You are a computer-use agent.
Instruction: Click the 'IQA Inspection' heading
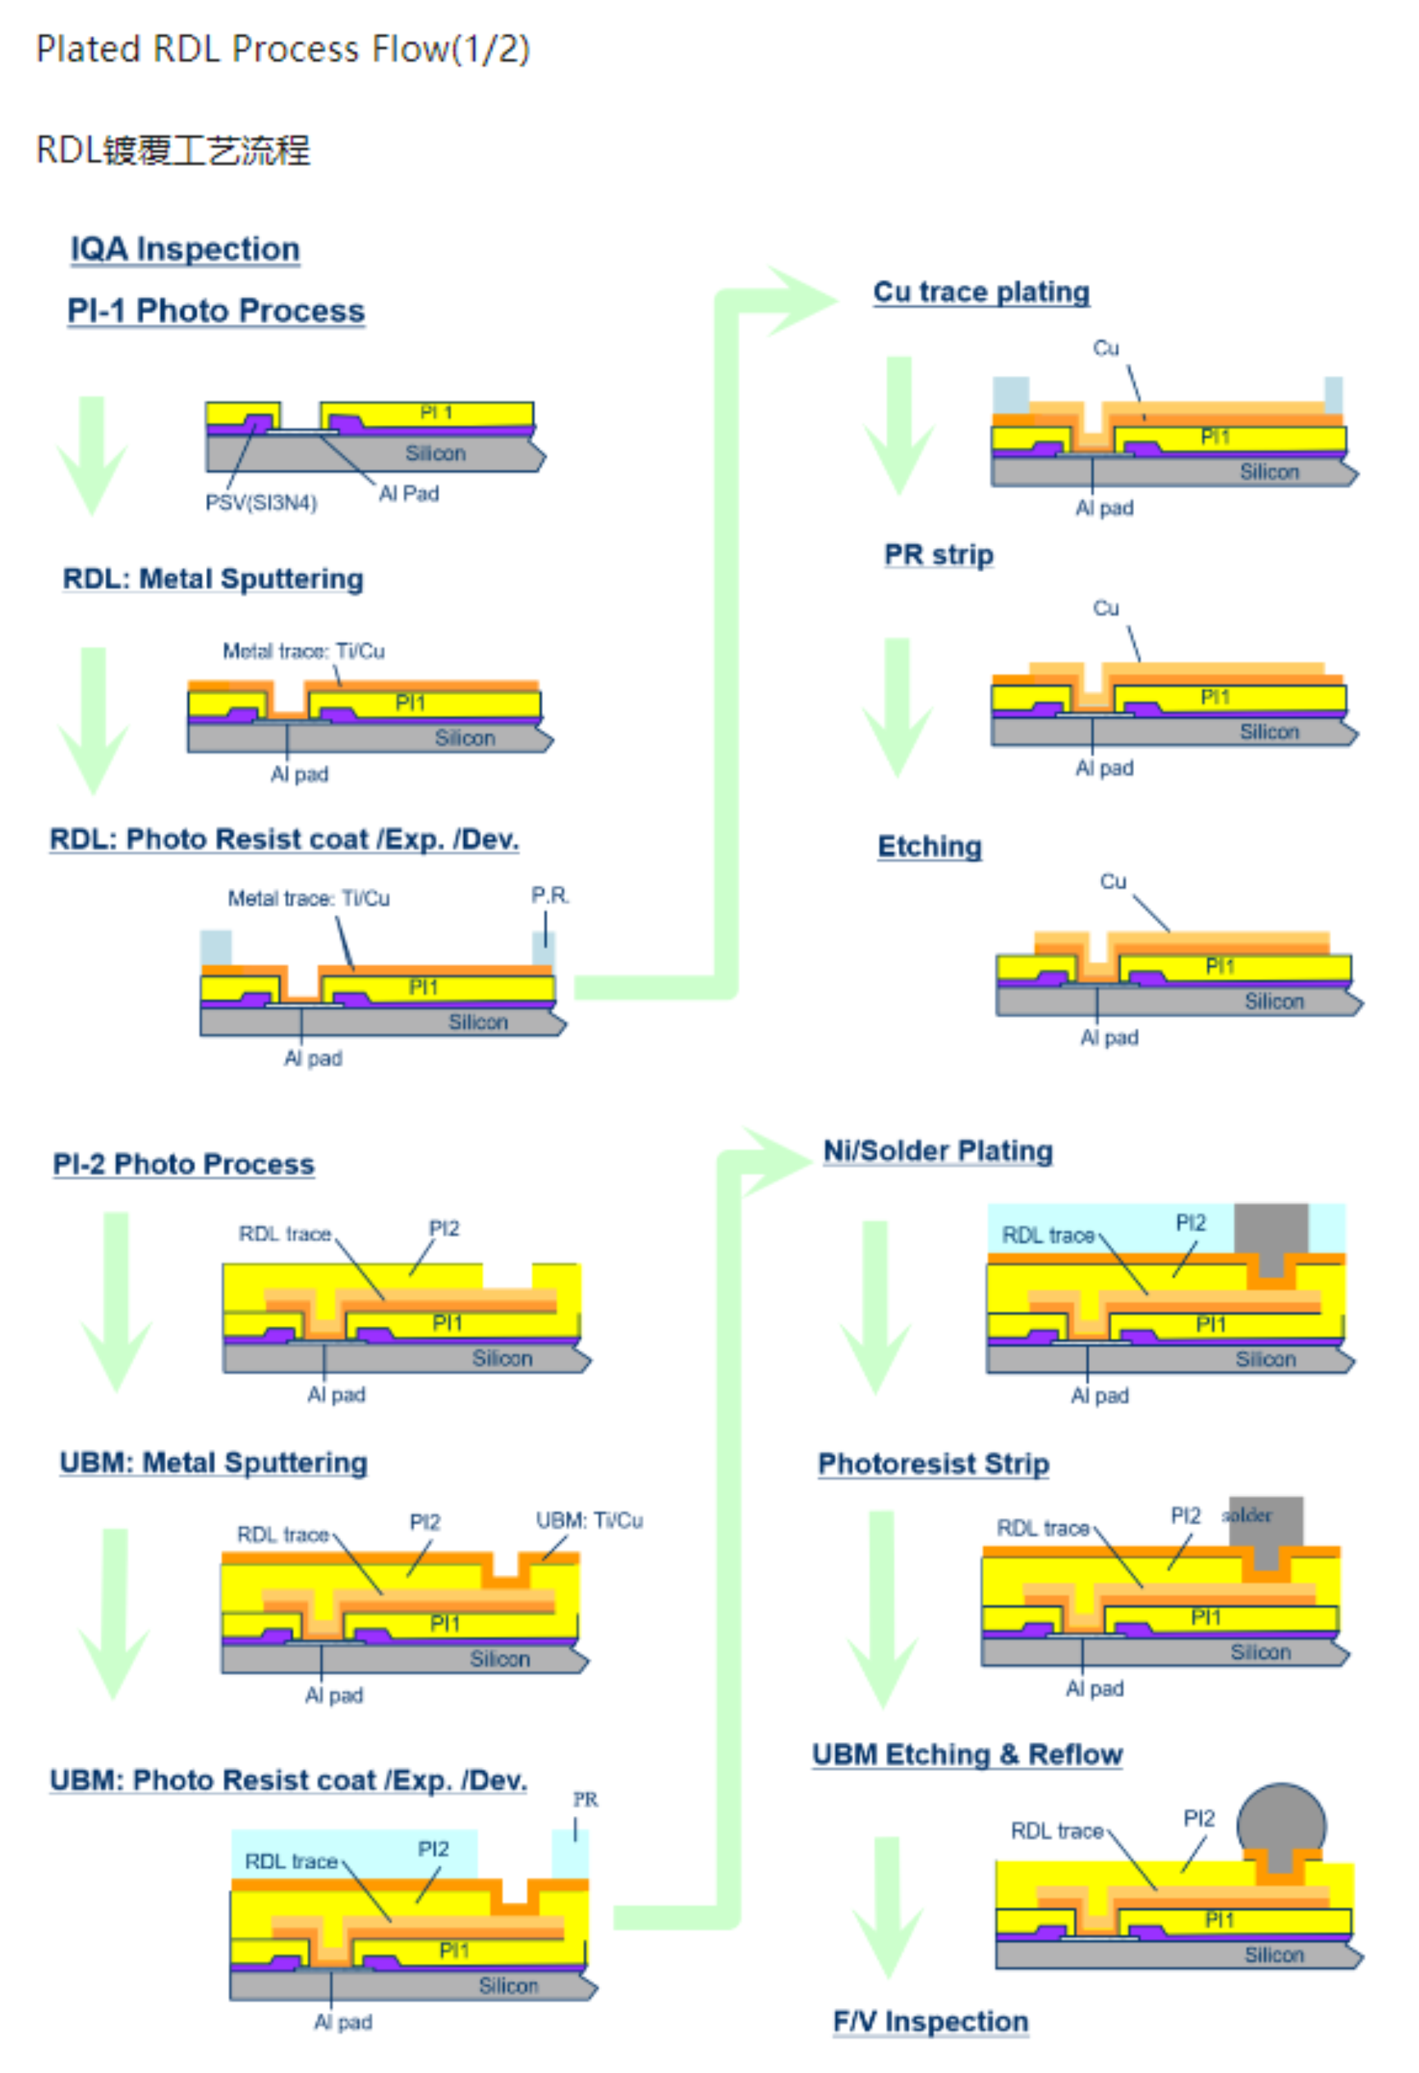pyautogui.click(x=185, y=249)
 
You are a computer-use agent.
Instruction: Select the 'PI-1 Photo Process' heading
pyautogui.click(x=216, y=310)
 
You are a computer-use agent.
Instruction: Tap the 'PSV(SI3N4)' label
pyautogui.click(x=261, y=503)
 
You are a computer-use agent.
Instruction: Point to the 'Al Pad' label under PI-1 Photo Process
pyautogui.click(x=409, y=493)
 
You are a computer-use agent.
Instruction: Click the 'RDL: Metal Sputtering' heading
pyautogui.click(x=213, y=579)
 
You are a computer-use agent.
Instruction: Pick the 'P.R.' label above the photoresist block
pyautogui.click(x=550, y=895)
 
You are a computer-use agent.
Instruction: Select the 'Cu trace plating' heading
pyautogui.click(x=981, y=292)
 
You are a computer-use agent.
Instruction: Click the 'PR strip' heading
pyautogui.click(x=938, y=554)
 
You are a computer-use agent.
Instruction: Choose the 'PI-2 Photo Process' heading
pyautogui.click(x=183, y=1164)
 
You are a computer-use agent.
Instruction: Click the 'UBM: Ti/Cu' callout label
pyautogui.click(x=589, y=1520)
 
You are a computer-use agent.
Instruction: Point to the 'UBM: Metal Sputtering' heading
pyautogui.click(x=213, y=1463)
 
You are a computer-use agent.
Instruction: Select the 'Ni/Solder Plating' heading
pyautogui.click(x=937, y=1151)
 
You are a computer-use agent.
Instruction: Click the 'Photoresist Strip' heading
pyautogui.click(x=933, y=1464)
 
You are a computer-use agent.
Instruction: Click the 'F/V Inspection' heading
pyautogui.click(x=930, y=2020)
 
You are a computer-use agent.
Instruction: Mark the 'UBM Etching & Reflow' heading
pyautogui.click(x=967, y=1754)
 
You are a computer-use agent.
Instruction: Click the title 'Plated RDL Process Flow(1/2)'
pyautogui.click(x=283, y=49)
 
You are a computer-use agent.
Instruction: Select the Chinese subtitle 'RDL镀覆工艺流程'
pyautogui.click(x=173, y=150)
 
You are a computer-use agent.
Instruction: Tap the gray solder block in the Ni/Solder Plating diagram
pyautogui.click(x=1271, y=1229)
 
